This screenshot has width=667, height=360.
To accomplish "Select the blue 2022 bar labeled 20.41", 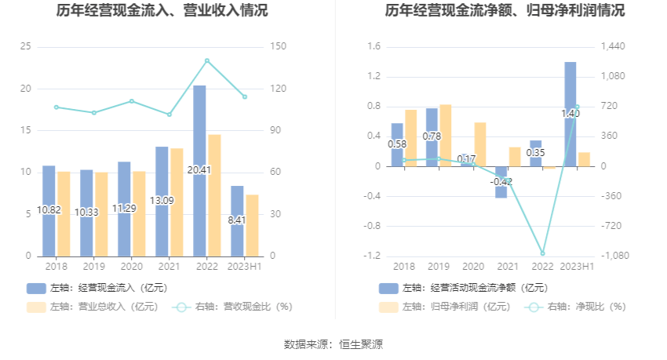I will (199, 170).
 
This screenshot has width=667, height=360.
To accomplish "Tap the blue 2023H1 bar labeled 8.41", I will (237, 220).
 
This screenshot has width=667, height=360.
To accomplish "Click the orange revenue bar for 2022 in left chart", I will (214, 195).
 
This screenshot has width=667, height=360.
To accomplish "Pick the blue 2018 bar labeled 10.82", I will (49, 210).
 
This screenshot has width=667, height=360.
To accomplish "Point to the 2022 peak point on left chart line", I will (207, 60).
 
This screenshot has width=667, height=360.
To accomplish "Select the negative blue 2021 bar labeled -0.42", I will (501, 182).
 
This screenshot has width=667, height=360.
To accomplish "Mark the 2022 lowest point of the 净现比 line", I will (542, 253).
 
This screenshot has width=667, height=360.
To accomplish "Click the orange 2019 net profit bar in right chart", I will (446, 135).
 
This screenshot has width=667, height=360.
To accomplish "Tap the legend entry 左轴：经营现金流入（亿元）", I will (97, 288).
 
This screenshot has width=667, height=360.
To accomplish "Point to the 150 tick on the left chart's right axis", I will (276, 46).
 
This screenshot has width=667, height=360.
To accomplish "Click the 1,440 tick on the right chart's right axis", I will (614, 46).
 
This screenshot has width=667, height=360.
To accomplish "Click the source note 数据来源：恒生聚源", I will (333, 344).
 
